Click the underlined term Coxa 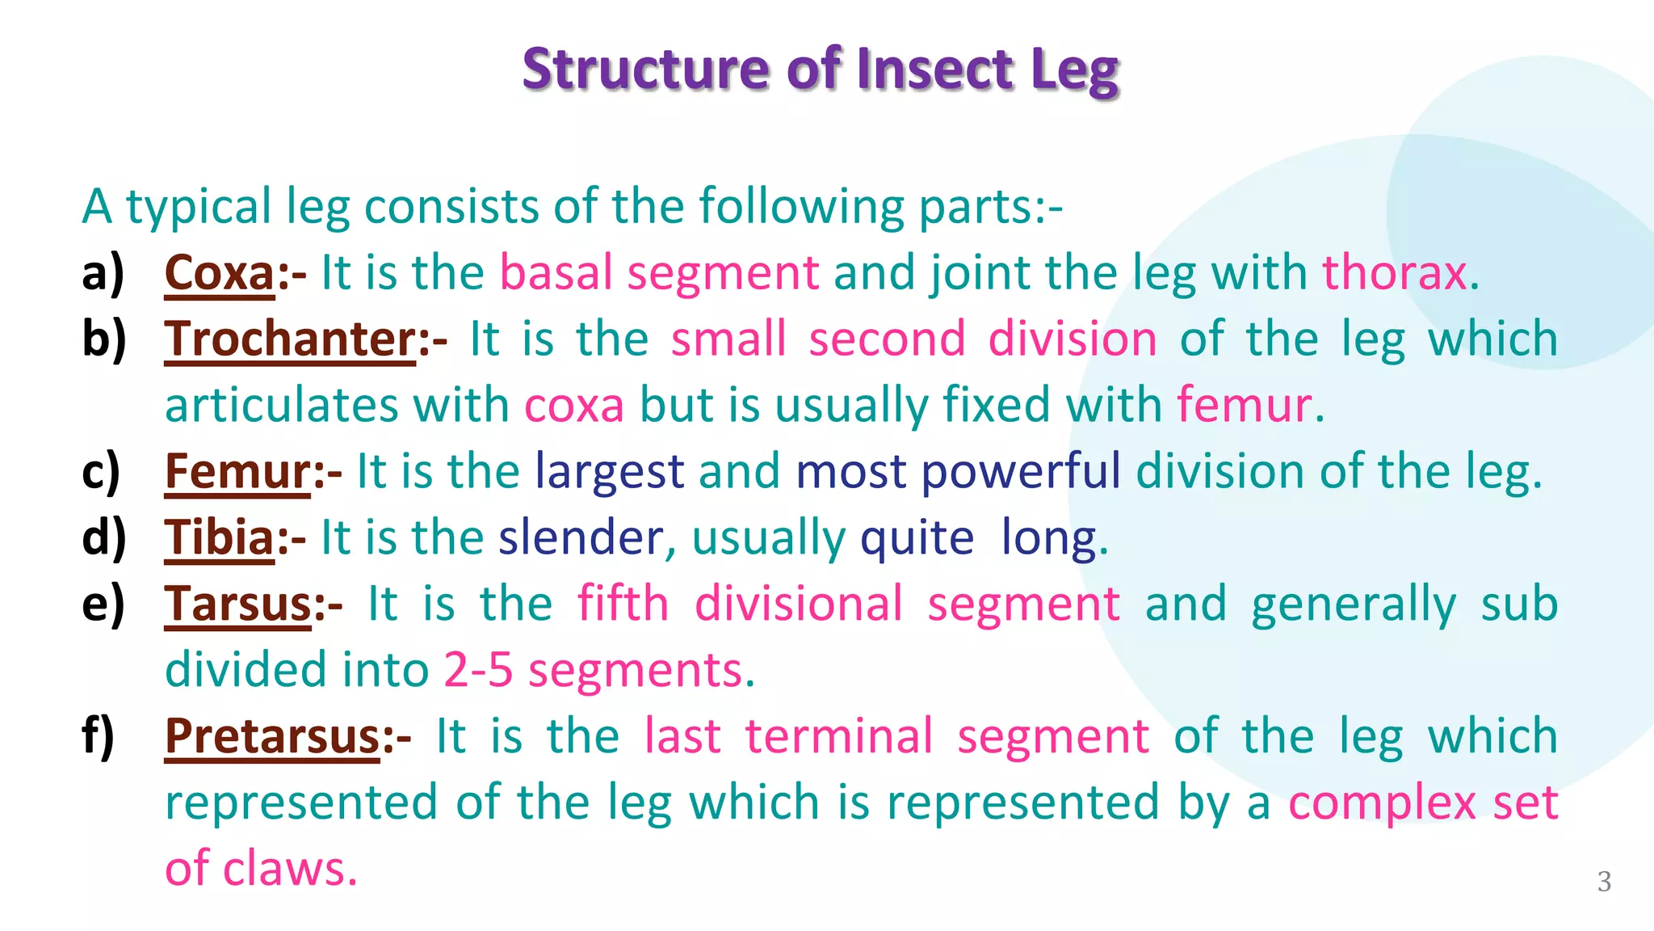coord(220,273)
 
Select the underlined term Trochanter coord(290,339)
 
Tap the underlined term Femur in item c coord(237,472)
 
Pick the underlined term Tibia coord(220,538)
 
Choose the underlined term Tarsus coord(238,605)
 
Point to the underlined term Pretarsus coord(272,737)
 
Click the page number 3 coord(1604,882)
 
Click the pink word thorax coord(1394,273)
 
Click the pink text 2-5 coord(478,671)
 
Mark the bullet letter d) coord(104,537)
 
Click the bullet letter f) coord(99,735)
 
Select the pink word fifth coord(623,605)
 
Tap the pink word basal coord(556,273)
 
